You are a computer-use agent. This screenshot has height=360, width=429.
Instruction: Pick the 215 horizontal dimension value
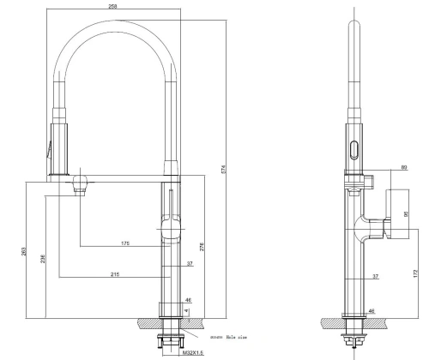pos(114,273)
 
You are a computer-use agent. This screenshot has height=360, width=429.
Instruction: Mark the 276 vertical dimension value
pos(201,249)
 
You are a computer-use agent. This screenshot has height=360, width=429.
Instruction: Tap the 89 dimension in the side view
pos(379,169)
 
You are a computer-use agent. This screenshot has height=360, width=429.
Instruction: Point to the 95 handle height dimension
pos(404,215)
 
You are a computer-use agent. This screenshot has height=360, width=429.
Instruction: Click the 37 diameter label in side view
pos(375,276)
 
